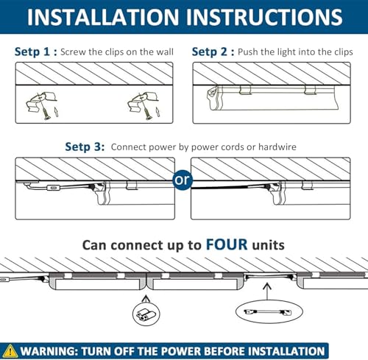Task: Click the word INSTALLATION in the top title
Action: [103, 17]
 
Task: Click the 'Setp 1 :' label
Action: [36, 52]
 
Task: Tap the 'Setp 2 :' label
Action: [213, 52]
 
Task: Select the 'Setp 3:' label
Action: [85, 147]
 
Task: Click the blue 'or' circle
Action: [183, 180]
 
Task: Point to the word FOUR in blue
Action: [227, 244]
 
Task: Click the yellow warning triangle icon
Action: [10, 351]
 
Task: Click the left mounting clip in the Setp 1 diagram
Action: [41, 102]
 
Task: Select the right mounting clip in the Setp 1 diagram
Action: [143, 102]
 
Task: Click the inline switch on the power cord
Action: [53, 188]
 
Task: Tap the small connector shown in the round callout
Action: [146, 314]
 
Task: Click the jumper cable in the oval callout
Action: [268, 312]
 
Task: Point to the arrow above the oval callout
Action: [267, 292]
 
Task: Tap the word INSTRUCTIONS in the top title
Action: [264, 17]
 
